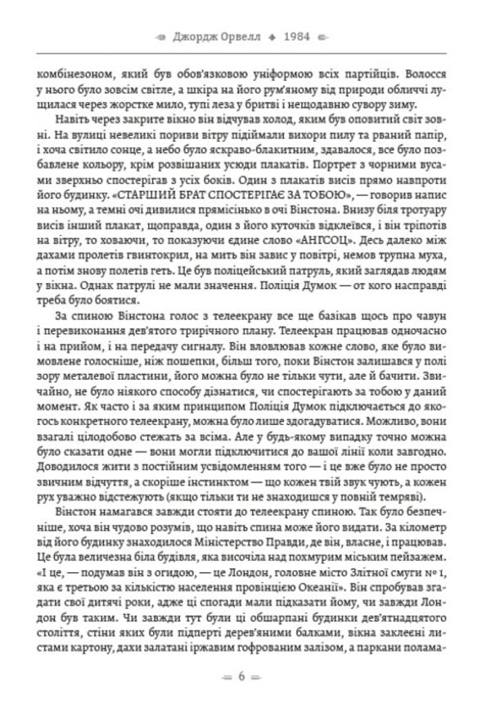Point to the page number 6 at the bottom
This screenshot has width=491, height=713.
click(242, 676)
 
